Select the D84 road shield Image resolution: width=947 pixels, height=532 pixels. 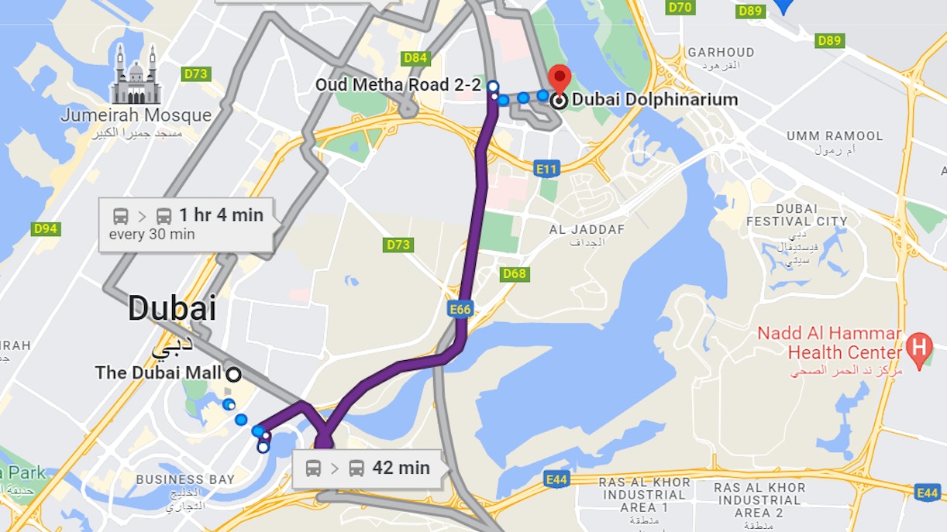coord(415,58)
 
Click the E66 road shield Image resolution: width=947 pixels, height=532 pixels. coord(460,310)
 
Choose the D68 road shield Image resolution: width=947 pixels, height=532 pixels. coord(514,273)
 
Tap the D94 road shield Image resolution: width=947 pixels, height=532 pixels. coord(46,228)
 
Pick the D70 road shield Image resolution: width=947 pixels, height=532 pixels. coord(680,7)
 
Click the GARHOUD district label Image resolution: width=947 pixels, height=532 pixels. coord(721,53)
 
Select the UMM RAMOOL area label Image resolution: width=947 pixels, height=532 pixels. coord(834,136)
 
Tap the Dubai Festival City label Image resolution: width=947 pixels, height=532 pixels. coord(796,215)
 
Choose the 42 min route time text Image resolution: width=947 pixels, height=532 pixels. coord(401,468)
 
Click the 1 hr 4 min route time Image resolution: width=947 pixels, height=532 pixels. coord(221,215)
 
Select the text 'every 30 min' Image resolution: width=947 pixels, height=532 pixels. coord(152,235)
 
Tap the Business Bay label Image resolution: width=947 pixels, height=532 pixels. coord(184,479)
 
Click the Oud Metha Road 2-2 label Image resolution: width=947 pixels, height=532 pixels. coord(398,84)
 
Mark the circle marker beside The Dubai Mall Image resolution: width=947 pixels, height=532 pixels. coord(233,374)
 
